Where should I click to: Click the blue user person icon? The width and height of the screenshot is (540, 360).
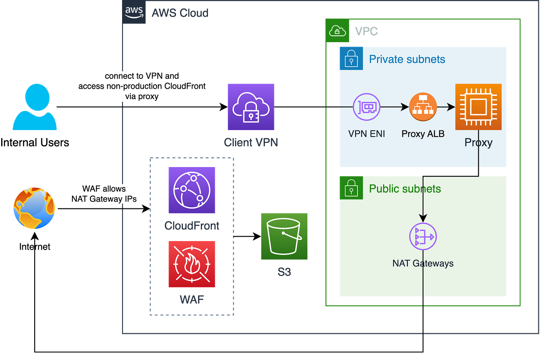click(35, 107)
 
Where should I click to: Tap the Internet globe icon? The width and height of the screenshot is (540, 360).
click(34, 208)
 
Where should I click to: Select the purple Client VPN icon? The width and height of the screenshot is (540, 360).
click(251, 107)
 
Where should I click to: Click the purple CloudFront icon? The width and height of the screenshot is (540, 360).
click(192, 190)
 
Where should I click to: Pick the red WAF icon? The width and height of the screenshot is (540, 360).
click(192, 264)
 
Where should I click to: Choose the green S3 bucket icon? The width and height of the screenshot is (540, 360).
click(284, 236)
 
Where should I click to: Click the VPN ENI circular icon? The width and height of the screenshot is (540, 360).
click(367, 107)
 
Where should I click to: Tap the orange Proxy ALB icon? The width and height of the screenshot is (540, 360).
click(423, 107)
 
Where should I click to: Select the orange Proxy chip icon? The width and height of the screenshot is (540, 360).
click(478, 107)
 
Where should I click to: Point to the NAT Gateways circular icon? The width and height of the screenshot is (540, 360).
click(423, 237)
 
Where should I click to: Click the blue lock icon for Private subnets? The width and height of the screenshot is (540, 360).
click(351, 58)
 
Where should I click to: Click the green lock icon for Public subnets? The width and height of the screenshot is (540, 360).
click(351, 187)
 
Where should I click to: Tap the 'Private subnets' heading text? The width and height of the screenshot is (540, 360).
click(407, 59)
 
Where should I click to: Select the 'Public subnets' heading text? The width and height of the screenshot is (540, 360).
click(405, 189)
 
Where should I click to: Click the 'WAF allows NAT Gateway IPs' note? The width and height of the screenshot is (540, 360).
click(104, 194)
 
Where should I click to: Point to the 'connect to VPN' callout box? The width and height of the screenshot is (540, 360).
click(142, 86)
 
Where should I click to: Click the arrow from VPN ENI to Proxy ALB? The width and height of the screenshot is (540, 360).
click(394, 107)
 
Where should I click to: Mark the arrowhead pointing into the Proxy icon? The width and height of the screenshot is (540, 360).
click(451, 107)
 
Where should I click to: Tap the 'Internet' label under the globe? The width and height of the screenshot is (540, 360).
click(35, 247)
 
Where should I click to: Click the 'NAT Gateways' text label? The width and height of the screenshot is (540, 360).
click(423, 263)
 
